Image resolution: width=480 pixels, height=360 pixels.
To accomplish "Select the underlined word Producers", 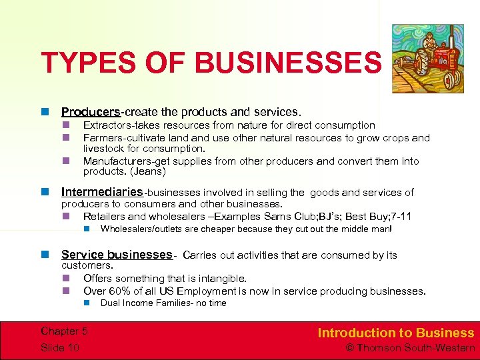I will click(91, 112).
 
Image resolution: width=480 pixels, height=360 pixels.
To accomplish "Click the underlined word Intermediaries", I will click(102, 193).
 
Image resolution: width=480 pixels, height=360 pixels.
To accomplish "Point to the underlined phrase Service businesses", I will click(117, 255).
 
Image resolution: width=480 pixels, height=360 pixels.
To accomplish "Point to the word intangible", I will click(219, 279).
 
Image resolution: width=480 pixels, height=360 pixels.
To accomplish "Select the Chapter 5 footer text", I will click(64, 331).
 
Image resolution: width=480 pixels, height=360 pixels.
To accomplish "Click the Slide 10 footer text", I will click(61, 348).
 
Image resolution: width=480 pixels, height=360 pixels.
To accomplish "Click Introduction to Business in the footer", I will click(395, 333).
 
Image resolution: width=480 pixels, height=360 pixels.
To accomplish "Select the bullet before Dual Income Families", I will click(87, 303).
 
